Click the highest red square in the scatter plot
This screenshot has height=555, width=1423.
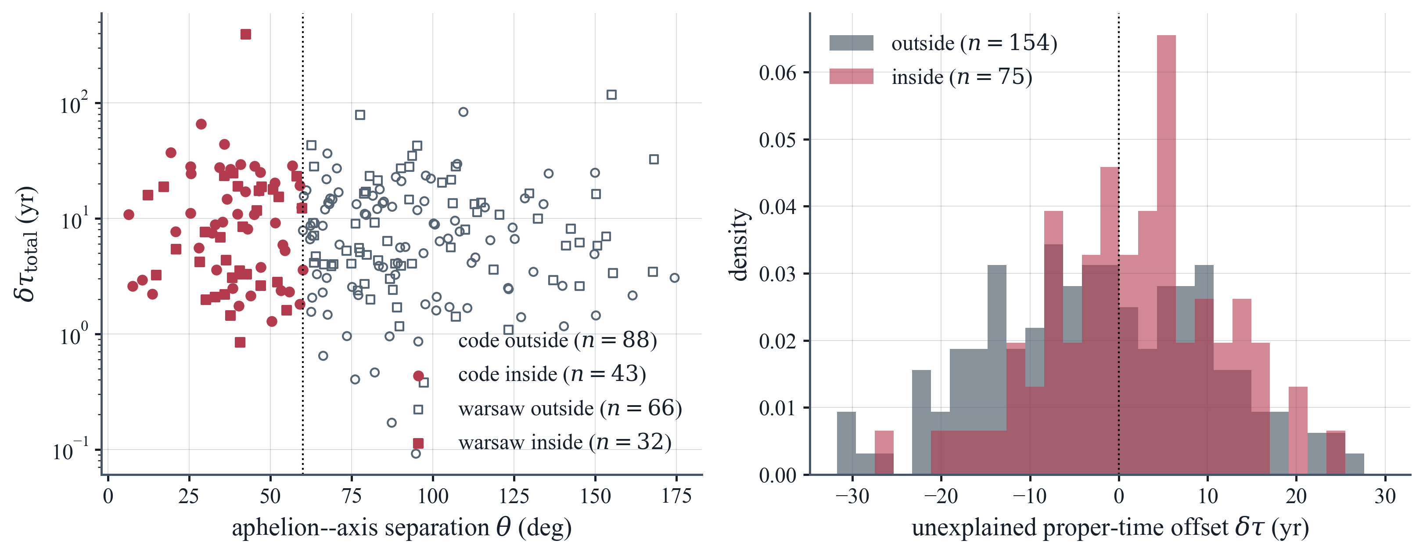(x=246, y=34)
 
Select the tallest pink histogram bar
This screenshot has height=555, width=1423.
(x=1166, y=255)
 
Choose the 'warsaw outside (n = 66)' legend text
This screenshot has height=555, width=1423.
(x=570, y=409)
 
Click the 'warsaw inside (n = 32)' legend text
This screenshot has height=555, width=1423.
(x=564, y=442)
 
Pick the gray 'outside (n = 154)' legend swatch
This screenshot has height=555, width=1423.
(x=851, y=43)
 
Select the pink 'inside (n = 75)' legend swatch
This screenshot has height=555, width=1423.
(x=851, y=76)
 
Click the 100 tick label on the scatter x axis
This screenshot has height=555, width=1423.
(x=432, y=496)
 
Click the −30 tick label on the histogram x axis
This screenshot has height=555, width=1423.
(x=852, y=496)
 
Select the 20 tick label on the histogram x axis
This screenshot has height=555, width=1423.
(x=1296, y=496)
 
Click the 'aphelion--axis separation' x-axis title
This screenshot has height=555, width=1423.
(x=361, y=528)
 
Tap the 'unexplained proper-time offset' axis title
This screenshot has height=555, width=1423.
(x=1070, y=528)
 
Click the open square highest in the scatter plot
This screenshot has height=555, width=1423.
(x=611, y=94)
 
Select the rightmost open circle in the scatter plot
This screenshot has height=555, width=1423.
(x=675, y=278)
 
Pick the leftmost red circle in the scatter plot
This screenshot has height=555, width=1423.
(x=129, y=214)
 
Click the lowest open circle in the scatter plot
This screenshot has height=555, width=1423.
(x=416, y=453)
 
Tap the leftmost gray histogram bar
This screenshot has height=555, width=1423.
(x=846, y=443)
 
